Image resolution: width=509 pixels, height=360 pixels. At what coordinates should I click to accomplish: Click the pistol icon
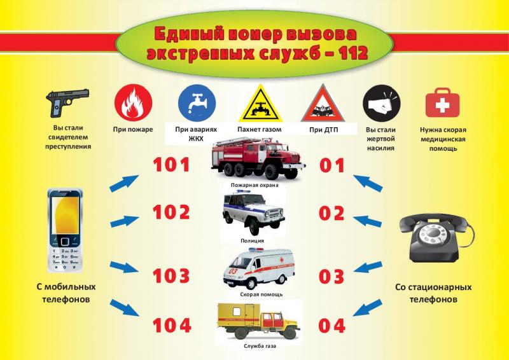[x=67, y=102]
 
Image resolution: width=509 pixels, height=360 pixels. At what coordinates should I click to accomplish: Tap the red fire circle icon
[x=133, y=103]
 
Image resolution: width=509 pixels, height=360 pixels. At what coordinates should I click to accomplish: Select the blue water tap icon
[x=197, y=103]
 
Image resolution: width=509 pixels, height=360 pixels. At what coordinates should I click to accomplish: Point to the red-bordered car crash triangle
[x=323, y=104]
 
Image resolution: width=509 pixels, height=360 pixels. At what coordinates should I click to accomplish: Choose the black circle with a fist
[x=381, y=103]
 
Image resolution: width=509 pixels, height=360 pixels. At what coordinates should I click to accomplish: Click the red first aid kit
[x=442, y=102]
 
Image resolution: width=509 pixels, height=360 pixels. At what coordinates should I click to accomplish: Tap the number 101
[x=171, y=165]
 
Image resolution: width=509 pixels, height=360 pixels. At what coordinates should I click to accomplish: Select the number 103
[x=171, y=276]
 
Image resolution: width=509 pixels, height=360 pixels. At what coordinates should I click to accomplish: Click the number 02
[x=331, y=213]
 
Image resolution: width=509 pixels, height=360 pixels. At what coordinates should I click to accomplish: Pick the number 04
[x=331, y=326]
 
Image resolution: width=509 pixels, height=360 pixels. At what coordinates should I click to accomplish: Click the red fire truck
[x=258, y=158]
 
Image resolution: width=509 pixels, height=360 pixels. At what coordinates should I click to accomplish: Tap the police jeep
[x=253, y=212]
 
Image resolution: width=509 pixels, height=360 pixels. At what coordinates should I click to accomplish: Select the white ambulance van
[x=259, y=268]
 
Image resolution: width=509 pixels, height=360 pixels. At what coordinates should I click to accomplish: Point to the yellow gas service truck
[x=258, y=321]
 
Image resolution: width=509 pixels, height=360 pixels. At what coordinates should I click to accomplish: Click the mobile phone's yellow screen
[x=66, y=215]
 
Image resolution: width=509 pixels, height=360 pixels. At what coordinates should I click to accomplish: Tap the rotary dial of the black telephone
[x=433, y=235]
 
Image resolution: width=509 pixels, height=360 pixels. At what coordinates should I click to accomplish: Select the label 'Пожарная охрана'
[x=255, y=185]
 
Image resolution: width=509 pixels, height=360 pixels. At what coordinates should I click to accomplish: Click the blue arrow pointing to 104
[x=124, y=308]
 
